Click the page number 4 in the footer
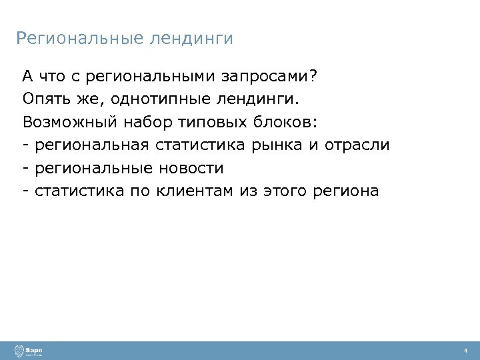[465, 351]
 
